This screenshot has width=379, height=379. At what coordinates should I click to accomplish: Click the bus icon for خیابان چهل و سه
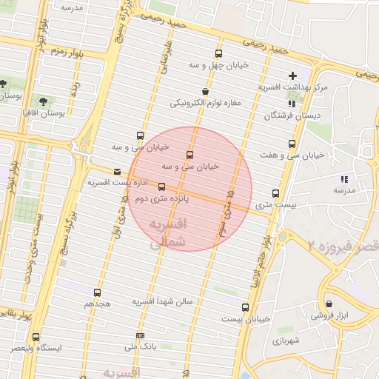(x=218, y=53)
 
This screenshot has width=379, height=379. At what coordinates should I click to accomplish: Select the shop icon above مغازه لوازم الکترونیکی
(x=204, y=92)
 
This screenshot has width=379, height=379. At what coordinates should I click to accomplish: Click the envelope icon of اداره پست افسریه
(x=116, y=171)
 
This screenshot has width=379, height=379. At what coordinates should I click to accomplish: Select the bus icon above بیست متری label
(x=275, y=193)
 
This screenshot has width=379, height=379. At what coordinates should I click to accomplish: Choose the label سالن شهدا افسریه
(x=162, y=302)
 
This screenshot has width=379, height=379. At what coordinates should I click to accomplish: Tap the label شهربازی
(x=283, y=341)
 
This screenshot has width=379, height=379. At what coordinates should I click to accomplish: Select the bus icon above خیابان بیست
(x=245, y=306)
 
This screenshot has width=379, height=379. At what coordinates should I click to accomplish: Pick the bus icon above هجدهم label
(x=98, y=292)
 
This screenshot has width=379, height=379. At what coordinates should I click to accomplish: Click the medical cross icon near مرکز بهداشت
(x=292, y=76)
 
